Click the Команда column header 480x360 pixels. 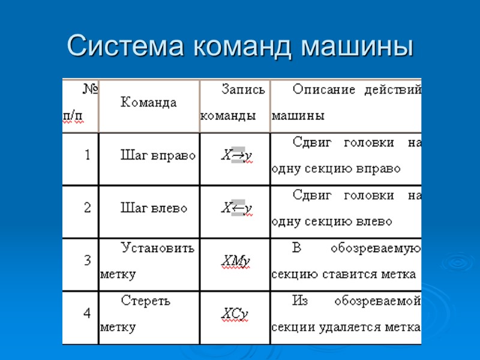pyautogui.click(x=149, y=103)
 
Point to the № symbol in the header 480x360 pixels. pyautogui.click(x=91, y=90)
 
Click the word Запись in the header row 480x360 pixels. pyautogui.click(x=243, y=90)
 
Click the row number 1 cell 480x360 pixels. pyautogui.click(x=88, y=155)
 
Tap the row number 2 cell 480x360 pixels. pyautogui.click(x=88, y=208)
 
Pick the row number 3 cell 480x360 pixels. pyautogui.click(x=88, y=261)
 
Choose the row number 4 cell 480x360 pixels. pyautogui.click(x=88, y=314)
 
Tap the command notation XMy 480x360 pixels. pyautogui.click(x=235, y=262)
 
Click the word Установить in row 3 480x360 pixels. pyautogui.click(x=158, y=248)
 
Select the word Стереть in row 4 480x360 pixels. pyautogui.click(x=146, y=301)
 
